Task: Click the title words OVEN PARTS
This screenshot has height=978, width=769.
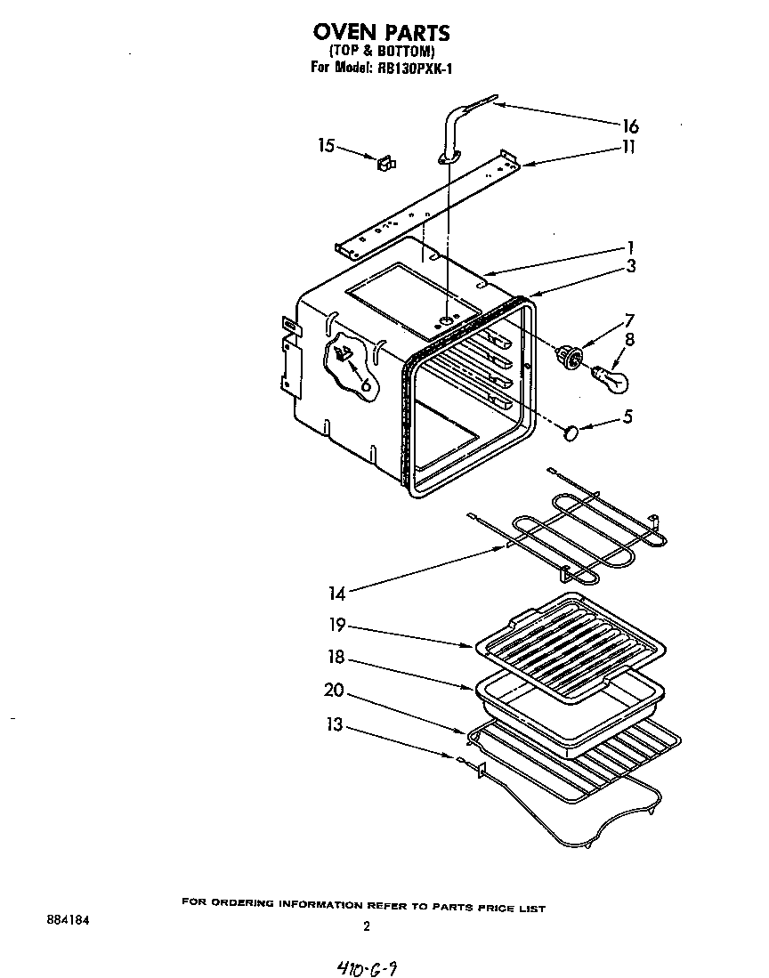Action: point(381,33)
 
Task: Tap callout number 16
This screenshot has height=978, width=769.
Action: point(629,126)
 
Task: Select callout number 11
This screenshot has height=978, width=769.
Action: point(628,147)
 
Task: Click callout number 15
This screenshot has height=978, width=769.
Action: point(326,145)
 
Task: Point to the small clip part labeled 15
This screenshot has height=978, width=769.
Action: point(386,163)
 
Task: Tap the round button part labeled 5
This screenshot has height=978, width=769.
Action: point(571,432)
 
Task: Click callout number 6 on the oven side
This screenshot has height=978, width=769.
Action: point(363,383)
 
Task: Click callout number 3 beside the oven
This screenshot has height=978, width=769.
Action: point(630,265)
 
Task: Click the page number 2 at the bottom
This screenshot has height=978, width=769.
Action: point(366,926)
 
